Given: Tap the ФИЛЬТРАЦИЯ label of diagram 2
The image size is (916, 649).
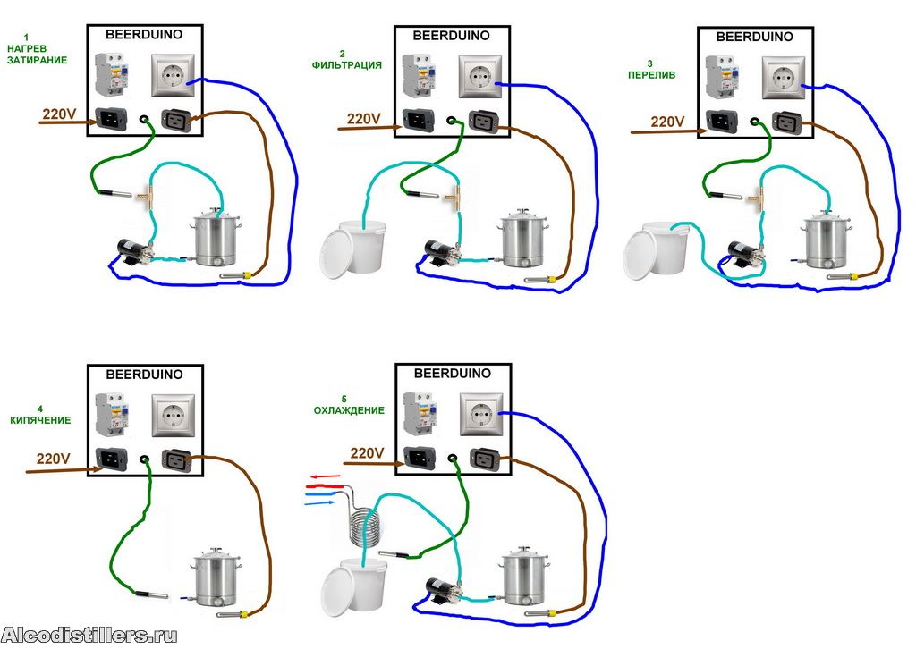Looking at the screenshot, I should tap(347, 65).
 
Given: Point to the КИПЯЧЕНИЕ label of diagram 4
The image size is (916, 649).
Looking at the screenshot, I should tap(40, 419).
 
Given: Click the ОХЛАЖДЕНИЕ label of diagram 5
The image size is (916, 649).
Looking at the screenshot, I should tap(349, 410).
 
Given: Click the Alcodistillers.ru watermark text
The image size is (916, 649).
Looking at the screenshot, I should tap(89, 636).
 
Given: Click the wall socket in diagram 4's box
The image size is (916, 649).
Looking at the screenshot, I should tap(174, 414).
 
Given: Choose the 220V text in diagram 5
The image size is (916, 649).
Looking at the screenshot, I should tap(368, 453).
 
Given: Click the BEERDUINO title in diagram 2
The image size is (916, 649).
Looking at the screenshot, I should tap(451, 36).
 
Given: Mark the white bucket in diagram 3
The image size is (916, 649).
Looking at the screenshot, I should tap(654, 249).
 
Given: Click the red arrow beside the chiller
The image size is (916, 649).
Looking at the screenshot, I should tap(324, 477).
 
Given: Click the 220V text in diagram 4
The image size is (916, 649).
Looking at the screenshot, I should tap(54, 459).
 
